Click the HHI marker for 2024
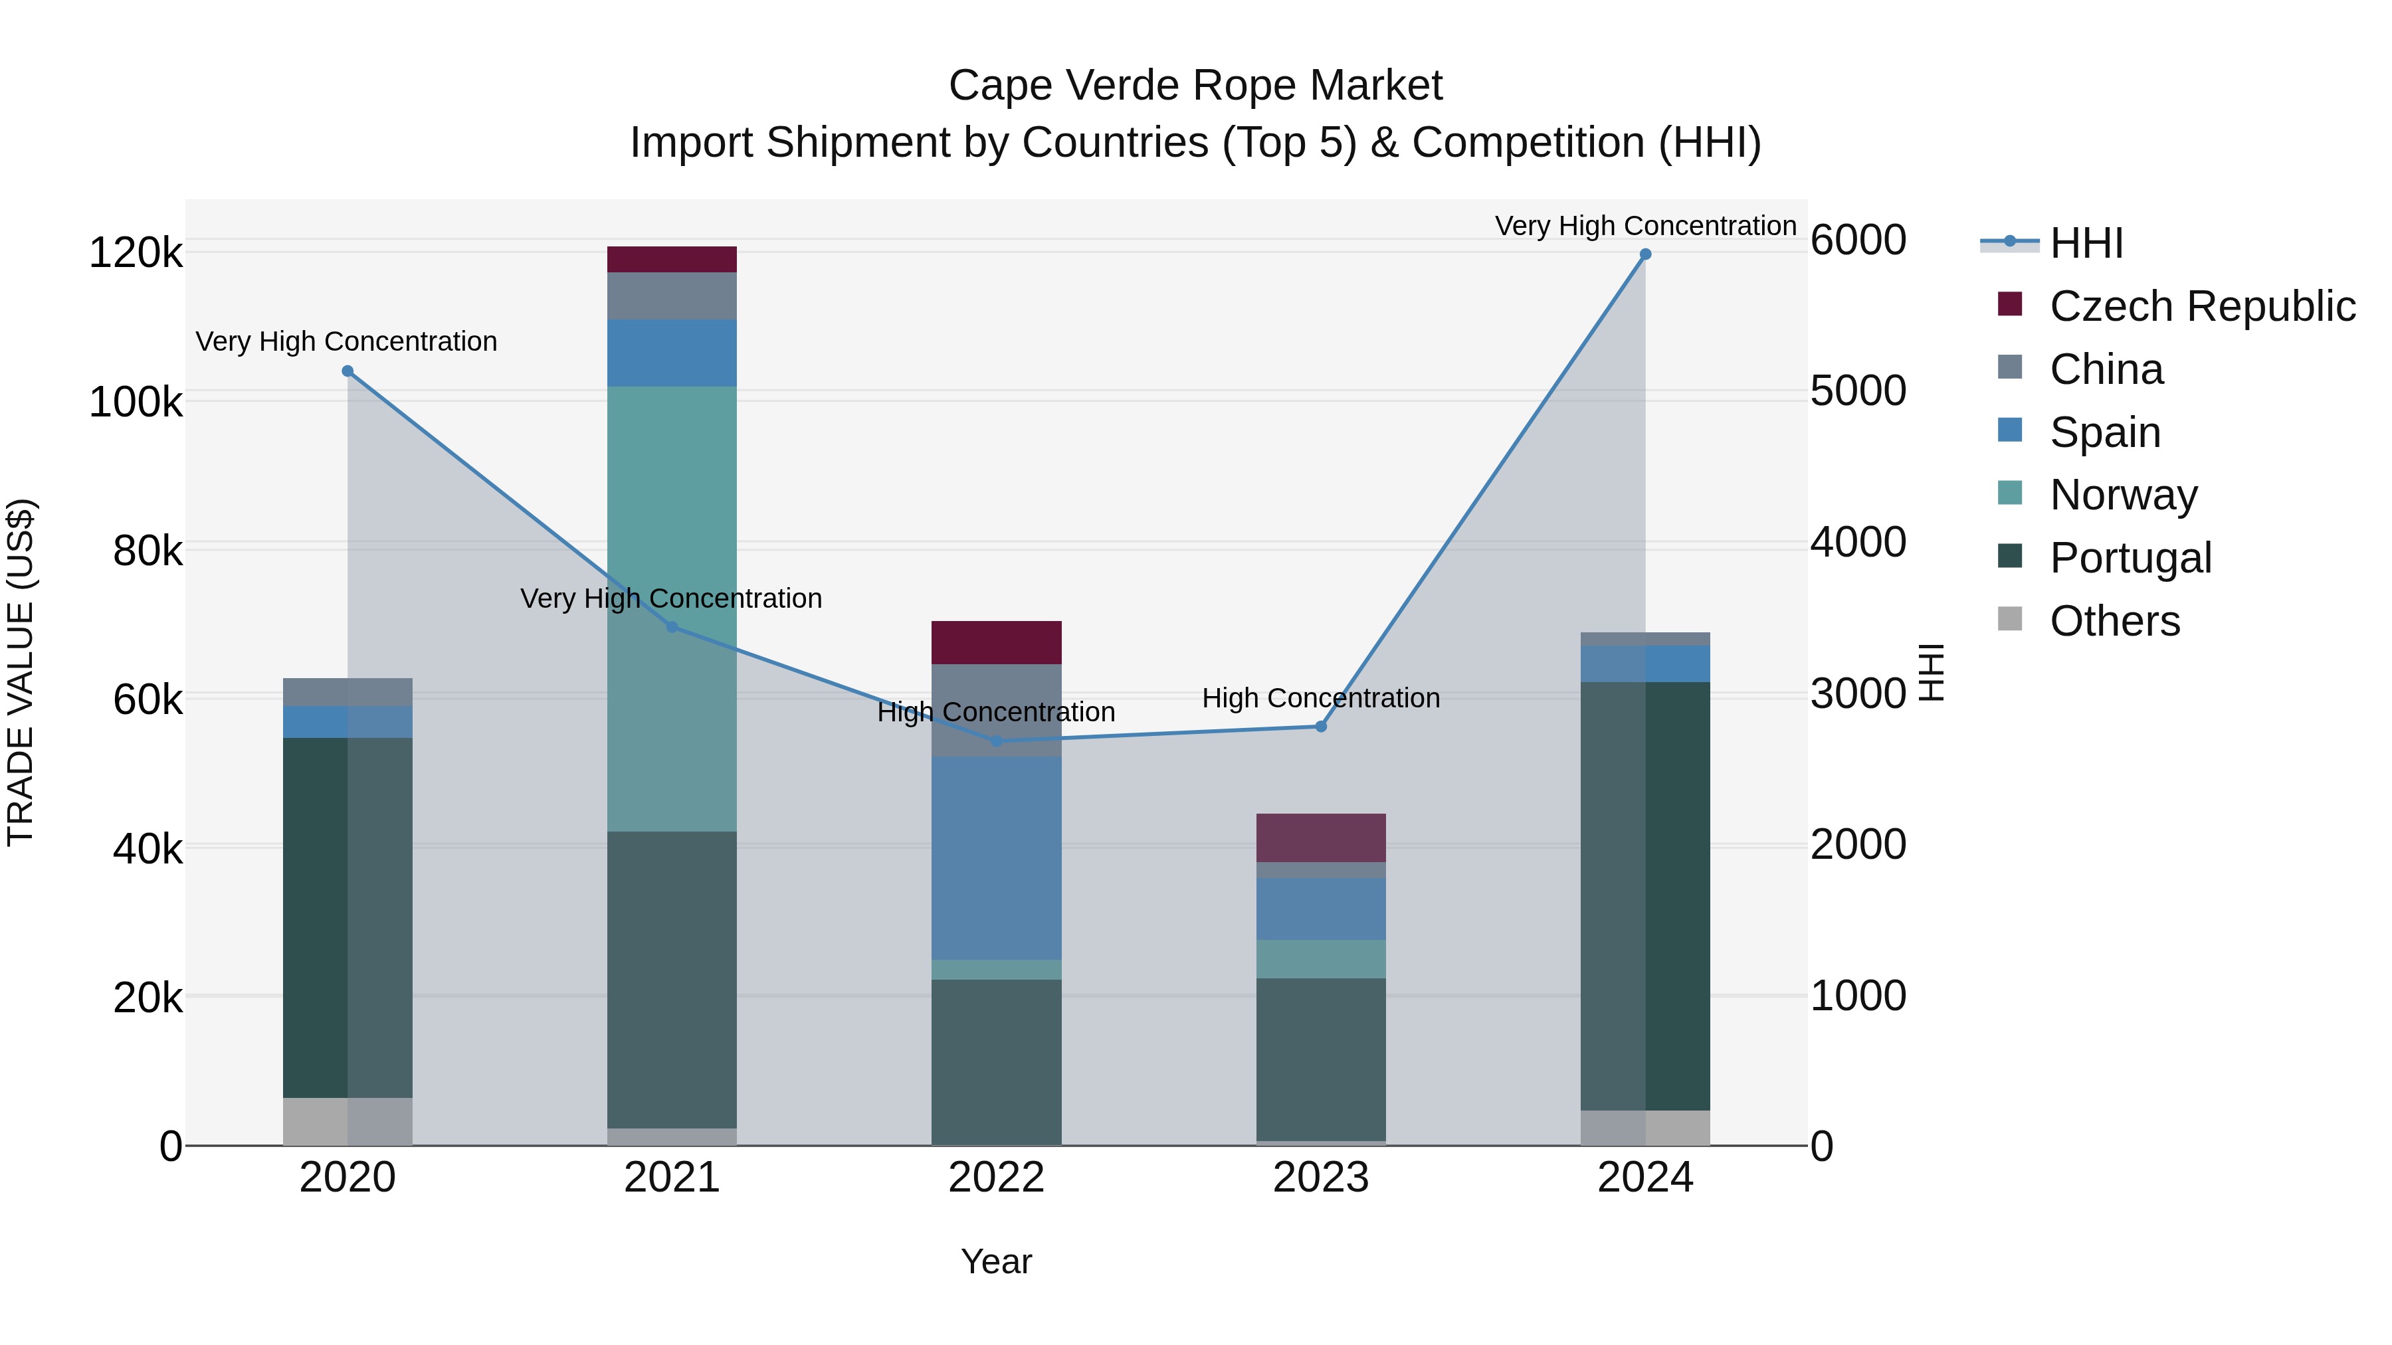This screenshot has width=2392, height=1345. (x=1644, y=254)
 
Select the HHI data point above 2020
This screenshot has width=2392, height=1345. (x=348, y=371)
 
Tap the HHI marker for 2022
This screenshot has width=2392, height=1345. (x=997, y=741)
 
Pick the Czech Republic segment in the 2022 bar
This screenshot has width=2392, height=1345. (x=997, y=642)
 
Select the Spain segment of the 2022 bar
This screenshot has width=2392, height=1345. (x=997, y=857)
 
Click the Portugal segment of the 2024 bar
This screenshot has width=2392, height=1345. (x=1644, y=896)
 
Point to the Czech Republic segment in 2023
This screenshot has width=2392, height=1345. (x=1320, y=838)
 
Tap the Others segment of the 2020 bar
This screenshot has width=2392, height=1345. (x=348, y=1121)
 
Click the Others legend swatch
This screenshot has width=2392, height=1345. (x=2009, y=619)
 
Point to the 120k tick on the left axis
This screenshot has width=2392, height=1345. (x=136, y=252)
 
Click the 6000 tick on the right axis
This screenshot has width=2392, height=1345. (x=1858, y=240)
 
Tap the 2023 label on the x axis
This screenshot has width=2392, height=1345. (x=1320, y=1178)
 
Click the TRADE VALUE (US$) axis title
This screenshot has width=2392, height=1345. (x=21, y=672)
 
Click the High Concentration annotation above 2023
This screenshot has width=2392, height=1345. (x=1320, y=698)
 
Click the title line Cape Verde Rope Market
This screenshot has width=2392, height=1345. (x=1195, y=86)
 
